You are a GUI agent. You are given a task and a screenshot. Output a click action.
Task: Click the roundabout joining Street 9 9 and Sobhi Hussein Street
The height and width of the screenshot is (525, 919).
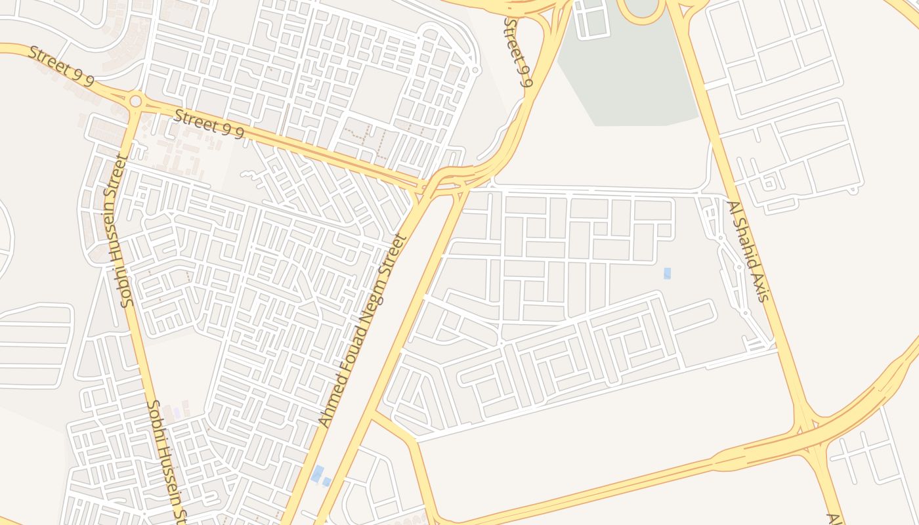[x=136, y=101]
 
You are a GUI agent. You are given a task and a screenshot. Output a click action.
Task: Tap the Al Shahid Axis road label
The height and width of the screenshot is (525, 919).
[x=746, y=251]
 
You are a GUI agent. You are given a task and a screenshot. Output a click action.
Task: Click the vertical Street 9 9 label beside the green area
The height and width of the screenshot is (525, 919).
[x=518, y=52]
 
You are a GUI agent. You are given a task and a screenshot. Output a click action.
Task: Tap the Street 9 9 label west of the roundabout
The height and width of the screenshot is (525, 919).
[x=61, y=66]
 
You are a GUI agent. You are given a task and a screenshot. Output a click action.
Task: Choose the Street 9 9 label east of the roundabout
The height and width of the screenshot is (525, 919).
[x=209, y=124]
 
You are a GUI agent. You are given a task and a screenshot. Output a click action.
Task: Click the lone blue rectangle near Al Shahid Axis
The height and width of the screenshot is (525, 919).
[x=667, y=273]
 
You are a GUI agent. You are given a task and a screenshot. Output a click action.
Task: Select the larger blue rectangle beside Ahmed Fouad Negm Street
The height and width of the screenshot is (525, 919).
[x=317, y=472]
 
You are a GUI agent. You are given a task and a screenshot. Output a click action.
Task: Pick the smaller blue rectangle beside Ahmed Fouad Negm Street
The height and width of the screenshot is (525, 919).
[x=326, y=482]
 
